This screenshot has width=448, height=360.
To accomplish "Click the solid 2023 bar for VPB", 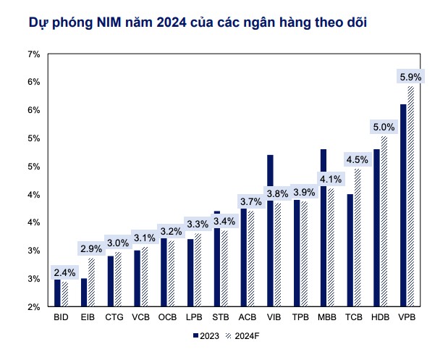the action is tap(403, 205).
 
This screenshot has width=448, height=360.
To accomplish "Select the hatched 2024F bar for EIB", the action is tap(91, 282).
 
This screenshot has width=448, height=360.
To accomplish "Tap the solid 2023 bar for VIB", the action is tap(270, 231).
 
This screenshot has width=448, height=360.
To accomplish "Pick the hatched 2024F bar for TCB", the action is tap(358, 238).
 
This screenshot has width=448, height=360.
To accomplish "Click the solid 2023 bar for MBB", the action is tap(323, 228).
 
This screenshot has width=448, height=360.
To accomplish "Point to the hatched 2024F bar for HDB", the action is tap(384, 222).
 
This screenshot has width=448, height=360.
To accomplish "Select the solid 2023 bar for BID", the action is tap(57, 293).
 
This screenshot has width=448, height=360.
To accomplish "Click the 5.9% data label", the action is tap(410, 77).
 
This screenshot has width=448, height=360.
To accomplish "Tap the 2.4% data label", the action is tap(64, 272).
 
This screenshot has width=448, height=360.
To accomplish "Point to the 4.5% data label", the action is tap(357, 159).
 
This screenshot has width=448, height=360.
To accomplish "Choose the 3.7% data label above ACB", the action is tap(251, 201).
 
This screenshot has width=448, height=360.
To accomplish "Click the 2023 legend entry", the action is tap(206, 336).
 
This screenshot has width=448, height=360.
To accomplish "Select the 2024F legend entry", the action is tap(242, 336).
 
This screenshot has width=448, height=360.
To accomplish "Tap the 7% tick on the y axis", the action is tap(34, 54).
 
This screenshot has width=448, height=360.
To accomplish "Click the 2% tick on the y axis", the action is tap(34, 307).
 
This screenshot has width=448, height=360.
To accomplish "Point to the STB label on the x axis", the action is tap(221, 317).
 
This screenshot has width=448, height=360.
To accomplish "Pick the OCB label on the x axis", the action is tap(167, 317).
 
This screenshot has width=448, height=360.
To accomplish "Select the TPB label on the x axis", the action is tap(300, 317).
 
